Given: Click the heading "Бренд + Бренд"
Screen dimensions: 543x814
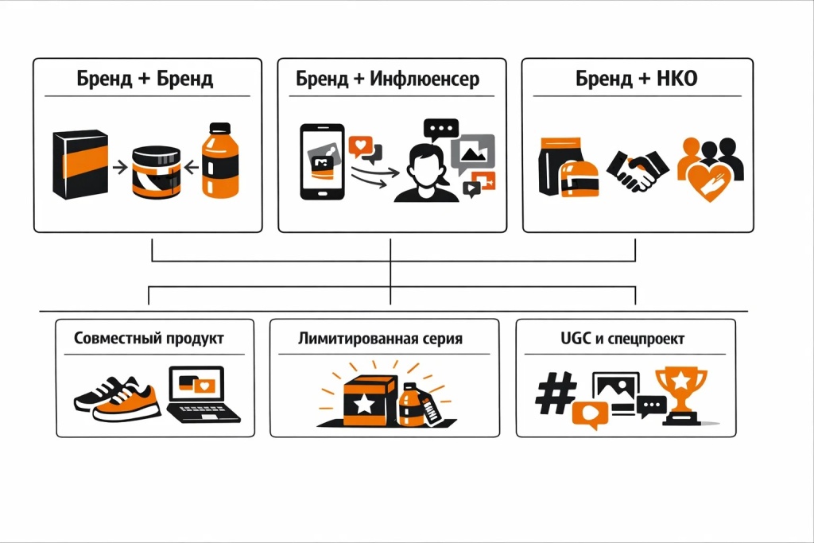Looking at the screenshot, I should pos(145,80).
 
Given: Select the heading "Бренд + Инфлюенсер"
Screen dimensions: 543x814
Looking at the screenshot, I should pos(388,80).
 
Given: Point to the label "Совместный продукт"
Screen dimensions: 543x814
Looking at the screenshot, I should pos(149,338).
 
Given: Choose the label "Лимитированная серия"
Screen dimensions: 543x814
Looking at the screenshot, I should pos(380,338).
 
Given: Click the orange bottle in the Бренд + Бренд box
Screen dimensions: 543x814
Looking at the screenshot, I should pos(220,161).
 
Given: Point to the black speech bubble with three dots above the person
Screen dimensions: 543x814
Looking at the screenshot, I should pos(441,129).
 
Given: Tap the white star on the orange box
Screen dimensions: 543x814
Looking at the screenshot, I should pos(364,404).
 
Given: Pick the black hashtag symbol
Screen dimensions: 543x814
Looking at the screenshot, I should pos(556,393).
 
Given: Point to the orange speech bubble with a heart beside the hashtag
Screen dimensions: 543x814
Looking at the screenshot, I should pos(591,414).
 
